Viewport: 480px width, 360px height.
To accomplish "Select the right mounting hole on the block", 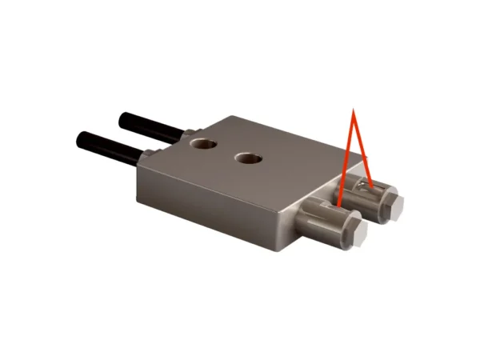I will tap(249, 158).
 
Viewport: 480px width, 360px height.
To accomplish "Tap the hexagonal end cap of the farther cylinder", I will tap(398, 206).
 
